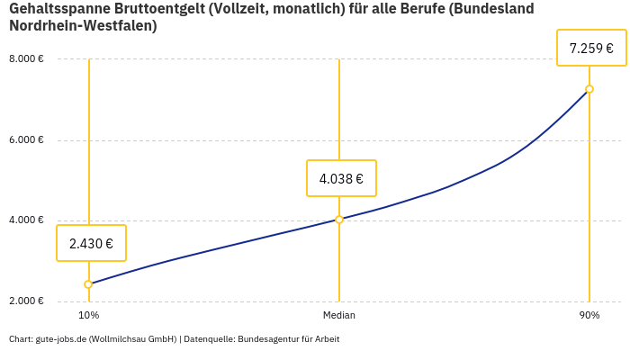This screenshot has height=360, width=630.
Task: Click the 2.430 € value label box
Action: (91, 243)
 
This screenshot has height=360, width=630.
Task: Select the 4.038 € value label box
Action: (341, 178)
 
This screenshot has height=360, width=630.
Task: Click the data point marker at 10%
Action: (88, 284)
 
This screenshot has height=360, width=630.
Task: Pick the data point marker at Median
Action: (339, 220)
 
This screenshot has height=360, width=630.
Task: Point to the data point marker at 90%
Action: (589, 89)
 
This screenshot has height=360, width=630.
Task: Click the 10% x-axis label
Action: (88, 316)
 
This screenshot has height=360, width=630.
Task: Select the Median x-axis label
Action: (339, 316)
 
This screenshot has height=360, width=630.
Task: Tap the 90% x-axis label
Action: (589, 316)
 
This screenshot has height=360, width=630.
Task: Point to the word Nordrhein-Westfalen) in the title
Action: (83, 26)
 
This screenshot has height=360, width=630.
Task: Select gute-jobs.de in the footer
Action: (60, 339)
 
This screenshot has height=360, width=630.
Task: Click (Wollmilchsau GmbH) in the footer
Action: (132, 339)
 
